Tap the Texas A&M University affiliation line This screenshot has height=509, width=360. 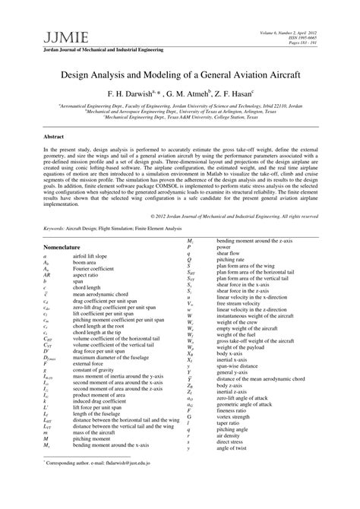point(180,119)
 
